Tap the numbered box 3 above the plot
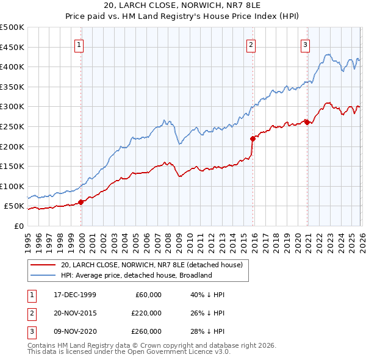(305, 43)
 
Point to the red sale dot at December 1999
(81, 202)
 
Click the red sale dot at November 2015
(252, 139)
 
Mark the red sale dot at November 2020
(306, 122)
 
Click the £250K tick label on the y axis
(12, 126)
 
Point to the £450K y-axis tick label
(12, 47)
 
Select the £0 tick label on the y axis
(18, 226)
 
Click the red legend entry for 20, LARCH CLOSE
(152, 265)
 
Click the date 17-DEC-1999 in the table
(75, 295)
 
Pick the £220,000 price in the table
(146, 313)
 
